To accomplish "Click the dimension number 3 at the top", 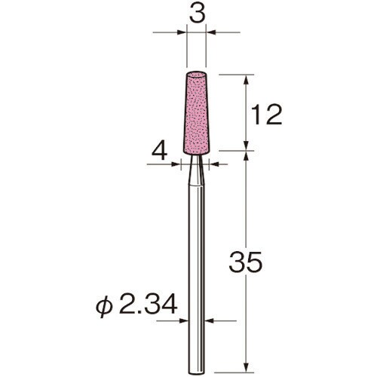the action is tap(198, 15).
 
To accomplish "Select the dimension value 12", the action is tap(266, 115).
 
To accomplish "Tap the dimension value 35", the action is tap(246, 262).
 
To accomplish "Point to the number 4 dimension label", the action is tap(160, 152).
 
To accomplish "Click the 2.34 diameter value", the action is tap(149, 305).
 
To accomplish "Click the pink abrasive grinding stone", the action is tap(196, 113).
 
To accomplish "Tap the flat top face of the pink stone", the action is tap(196, 75).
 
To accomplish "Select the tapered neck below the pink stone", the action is tap(196, 170).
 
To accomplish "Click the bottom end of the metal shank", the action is tap(197, 372).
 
